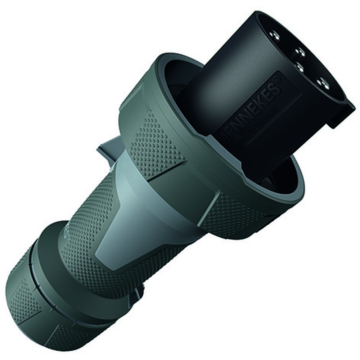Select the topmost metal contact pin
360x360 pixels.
click(x=275, y=35)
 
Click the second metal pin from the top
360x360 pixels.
click(x=300, y=52)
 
